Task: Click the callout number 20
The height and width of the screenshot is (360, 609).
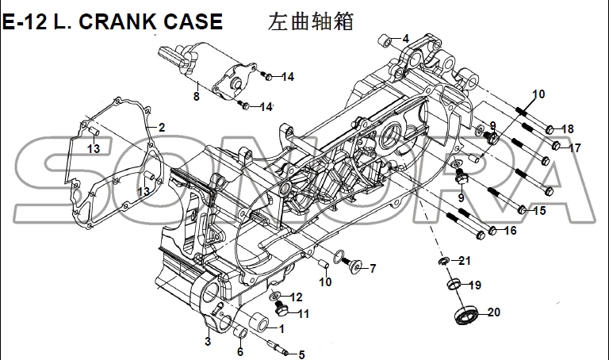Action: [493, 312]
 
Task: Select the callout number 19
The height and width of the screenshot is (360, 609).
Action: [474, 285]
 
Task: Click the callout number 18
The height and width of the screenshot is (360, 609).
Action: [567, 129]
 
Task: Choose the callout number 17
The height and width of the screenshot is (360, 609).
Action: [575, 147]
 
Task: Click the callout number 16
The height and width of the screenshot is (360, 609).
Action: [509, 231]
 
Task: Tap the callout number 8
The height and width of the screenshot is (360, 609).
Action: [195, 98]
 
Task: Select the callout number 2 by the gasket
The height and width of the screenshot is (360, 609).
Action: [161, 128]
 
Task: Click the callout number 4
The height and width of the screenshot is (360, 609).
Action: [405, 39]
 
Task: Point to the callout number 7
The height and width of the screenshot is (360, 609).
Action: [373, 268]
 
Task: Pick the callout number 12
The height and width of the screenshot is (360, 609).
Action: [297, 297]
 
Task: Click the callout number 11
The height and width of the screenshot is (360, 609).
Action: [303, 313]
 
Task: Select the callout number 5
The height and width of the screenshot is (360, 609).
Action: [301, 354]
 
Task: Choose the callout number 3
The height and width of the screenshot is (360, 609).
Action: [207, 342]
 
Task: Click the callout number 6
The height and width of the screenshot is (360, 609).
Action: [239, 353]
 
